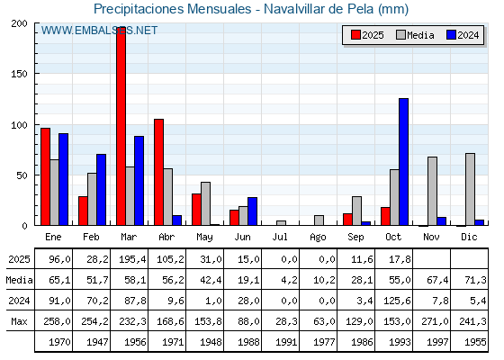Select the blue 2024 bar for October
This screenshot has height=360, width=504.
pyautogui.click(x=403, y=162)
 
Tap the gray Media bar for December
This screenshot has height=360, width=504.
pyautogui.click(x=470, y=189)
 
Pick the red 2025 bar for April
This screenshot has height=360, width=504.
pyautogui.click(x=158, y=172)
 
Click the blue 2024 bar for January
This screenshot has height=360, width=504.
pyautogui.click(x=63, y=179)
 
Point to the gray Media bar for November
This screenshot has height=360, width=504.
pyautogui.click(x=432, y=191)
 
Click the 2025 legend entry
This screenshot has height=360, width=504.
pyautogui.click(x=366, y=35)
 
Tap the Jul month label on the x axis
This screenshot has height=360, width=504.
pyautogui.click(x=281, y=236)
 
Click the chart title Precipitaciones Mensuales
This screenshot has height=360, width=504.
pyautogui.click(x=251, y=9)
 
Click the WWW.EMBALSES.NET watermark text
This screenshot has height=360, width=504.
pyautogui.click(x=99, y=31)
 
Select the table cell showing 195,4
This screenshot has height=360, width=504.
pyautogui.click(x=130, y=259)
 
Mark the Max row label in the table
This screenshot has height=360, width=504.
pyautogui.click(x=18, y=321)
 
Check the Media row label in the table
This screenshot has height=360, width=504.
pyautogui.click(x=18, y=280)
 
